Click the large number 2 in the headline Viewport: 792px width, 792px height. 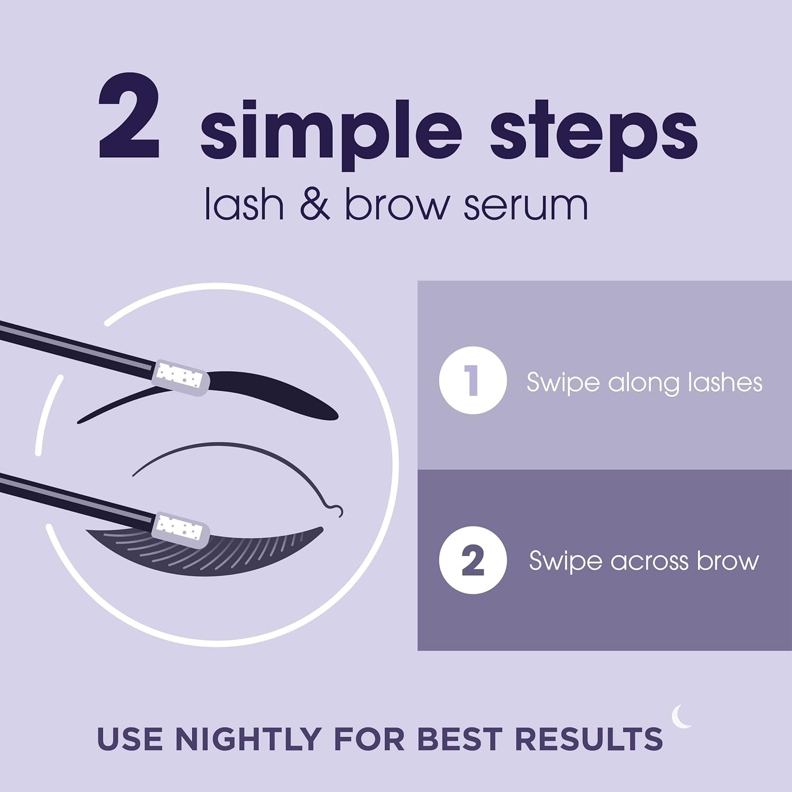point(129,117)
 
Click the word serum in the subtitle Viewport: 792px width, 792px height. point(525,206)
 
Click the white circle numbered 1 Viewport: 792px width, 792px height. point(473,380)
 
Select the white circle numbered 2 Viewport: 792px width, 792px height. point(473,561)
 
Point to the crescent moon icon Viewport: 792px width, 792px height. point(681,717)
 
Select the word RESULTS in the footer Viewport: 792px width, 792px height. point(589,739)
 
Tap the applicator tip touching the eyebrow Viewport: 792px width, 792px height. point(181,377)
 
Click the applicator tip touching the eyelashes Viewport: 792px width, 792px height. point(181,528)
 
